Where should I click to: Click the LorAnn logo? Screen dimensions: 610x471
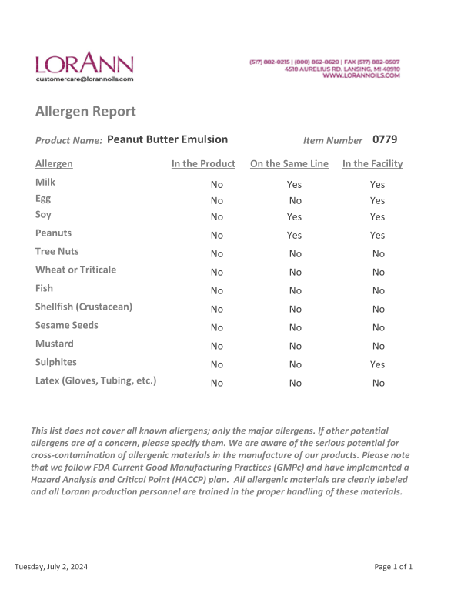(84, 62)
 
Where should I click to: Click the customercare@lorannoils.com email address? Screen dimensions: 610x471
(84, 79)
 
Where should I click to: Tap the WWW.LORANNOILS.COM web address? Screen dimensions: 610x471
(361, 75)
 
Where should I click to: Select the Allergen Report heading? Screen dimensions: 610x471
(85, 112)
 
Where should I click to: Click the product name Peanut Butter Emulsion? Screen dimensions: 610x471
(168, 139)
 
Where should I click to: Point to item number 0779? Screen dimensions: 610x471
(385, 139)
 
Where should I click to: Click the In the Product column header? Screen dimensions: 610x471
(203, 164)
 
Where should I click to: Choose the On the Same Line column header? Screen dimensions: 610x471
(289, 164)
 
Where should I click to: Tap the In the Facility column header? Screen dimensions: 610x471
(372, 164)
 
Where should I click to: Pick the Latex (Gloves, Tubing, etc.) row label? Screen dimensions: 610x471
(95, 380)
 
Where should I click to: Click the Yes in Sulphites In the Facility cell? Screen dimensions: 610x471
(377, 364)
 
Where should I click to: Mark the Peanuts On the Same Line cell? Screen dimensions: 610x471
(294, 236)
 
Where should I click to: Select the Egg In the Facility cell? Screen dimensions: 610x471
(377, 201)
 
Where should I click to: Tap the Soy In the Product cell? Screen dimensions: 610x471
(217, 217)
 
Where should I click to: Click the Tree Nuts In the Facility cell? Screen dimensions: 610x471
(378, 253)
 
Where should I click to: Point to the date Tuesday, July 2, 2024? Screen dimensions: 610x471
(51, 568)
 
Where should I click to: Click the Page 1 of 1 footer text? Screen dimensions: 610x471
(393, 568)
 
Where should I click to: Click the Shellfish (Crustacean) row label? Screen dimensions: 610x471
(84, 307)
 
